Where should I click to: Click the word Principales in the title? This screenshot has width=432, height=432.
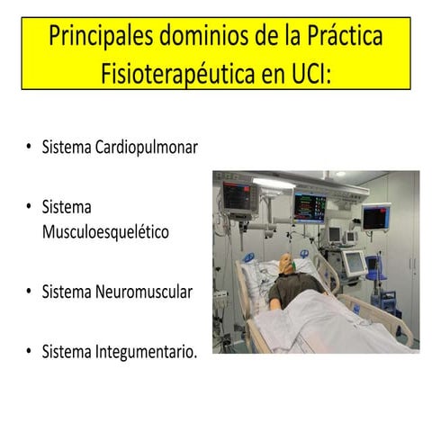97,37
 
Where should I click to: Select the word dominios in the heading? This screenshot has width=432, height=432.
201,37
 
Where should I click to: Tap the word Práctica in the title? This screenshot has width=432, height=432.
341,37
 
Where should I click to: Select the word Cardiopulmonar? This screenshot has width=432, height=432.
146,146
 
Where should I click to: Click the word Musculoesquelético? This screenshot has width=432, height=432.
106,231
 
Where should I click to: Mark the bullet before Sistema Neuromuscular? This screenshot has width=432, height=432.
29,292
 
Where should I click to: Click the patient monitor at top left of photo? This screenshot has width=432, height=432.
239,197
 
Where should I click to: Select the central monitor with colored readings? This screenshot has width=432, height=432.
310,206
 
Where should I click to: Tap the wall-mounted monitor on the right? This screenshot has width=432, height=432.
375,217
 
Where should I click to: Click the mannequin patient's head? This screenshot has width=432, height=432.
286,265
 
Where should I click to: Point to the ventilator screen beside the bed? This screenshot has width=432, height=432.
353,262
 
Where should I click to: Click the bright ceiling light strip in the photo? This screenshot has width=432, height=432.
274,183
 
